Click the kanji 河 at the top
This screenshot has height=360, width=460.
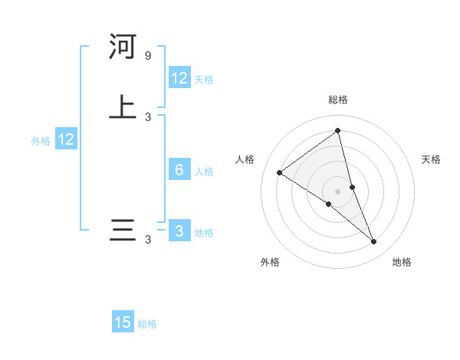point(123,47)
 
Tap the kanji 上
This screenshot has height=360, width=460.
point(123,107)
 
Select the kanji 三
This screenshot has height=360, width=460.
point(123,231)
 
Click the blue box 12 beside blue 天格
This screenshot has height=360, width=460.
point(179,78)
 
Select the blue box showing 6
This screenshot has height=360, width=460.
point(179,170)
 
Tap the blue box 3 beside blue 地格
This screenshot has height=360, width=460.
point(179,231)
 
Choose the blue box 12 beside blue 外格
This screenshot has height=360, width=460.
point(66,139)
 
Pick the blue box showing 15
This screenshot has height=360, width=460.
point(123,322)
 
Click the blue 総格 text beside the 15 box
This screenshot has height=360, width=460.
point(147,324)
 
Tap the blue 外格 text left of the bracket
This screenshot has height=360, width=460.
point(41,141)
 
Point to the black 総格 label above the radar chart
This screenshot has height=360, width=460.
point(338,100)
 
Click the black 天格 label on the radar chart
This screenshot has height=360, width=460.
point(432,159)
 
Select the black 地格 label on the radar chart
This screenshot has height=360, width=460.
point(402,262)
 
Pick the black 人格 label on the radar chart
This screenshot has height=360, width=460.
point(245,159)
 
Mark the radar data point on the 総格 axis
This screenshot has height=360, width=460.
point(338,130)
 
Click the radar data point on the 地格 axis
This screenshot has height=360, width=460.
point(374,242)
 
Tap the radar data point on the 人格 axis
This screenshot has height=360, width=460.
point(279,172)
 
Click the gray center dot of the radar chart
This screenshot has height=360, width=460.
point(338,191)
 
